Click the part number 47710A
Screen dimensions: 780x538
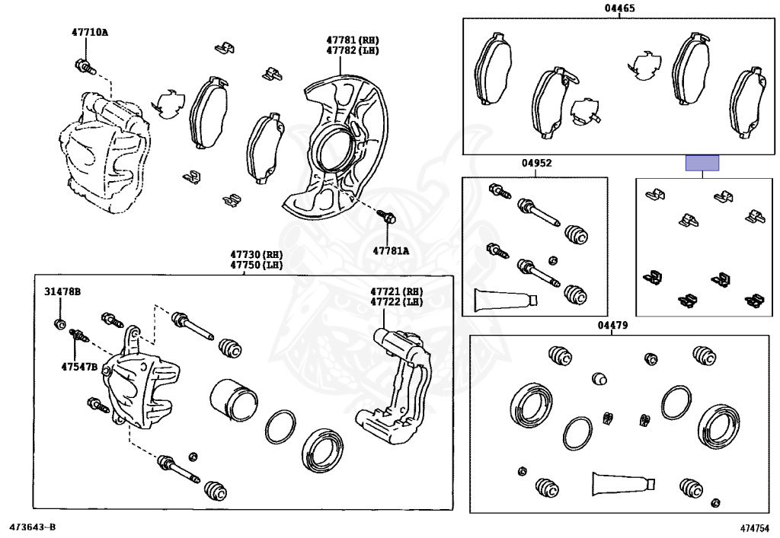pos(90,32)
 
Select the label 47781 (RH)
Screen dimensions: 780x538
pos(353,40)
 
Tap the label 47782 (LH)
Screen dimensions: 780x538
pos(353,50)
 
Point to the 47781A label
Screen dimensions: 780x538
pos(391,251)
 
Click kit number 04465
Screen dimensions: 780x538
pos(619,8)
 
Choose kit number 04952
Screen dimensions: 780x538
pos(536,163)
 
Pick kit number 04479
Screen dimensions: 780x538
pos(612,326)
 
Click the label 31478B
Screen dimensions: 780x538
pos(62,291)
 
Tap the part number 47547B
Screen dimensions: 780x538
pos(79,367)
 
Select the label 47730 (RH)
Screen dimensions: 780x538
pos(256,254)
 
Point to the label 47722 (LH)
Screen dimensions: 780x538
pos(396,301)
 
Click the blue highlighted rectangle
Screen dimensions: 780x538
pos(702,163)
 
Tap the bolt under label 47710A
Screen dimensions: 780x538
pos(85,66)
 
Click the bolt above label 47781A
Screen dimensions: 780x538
pos(386,217)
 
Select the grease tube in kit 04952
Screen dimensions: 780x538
pos(506,299)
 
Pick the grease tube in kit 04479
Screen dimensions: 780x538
pos(623,484)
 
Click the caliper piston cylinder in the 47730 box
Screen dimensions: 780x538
pos(233,399)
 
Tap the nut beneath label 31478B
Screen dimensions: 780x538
pos(59,324)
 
